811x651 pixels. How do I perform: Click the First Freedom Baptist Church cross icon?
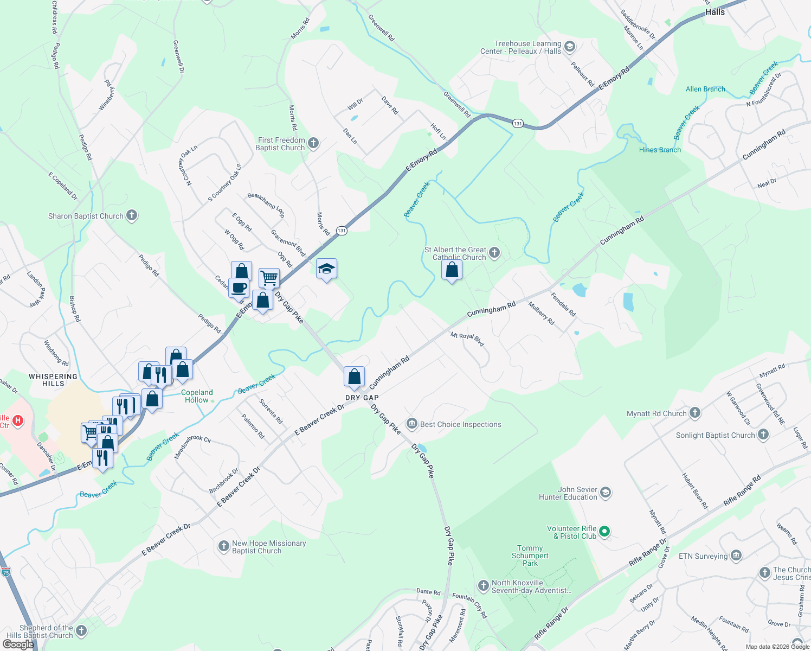tap(313, 143)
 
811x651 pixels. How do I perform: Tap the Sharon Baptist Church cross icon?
tap(132, 215)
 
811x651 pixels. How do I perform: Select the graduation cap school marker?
tap(326, 269)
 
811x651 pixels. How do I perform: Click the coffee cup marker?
tap(239, 288)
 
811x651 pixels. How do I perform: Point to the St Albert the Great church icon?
tap(494, 252)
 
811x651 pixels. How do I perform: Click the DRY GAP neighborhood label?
tap(362, 398)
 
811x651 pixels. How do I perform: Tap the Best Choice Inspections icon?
tap(412, 424)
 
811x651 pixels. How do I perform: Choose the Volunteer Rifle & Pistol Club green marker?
tap(605, 532)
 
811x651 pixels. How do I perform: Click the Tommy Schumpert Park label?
tap(530, 556)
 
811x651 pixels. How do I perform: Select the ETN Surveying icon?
tap(736, 555)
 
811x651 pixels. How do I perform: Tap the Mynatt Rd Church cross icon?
tap(695, 413)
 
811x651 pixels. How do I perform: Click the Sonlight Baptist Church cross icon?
tap(763, 435)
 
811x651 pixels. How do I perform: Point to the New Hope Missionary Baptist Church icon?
tap(223, 546)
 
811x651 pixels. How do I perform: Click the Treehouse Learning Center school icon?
tap(570, 47)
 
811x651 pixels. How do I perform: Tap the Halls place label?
tap(715, 12)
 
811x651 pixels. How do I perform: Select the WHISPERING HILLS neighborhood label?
tap(53, 380)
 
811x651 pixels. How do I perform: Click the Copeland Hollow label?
tap(197, 396)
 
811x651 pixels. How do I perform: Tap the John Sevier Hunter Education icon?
tap(606, 493)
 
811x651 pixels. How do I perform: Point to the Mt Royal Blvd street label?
tap(467, 340)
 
